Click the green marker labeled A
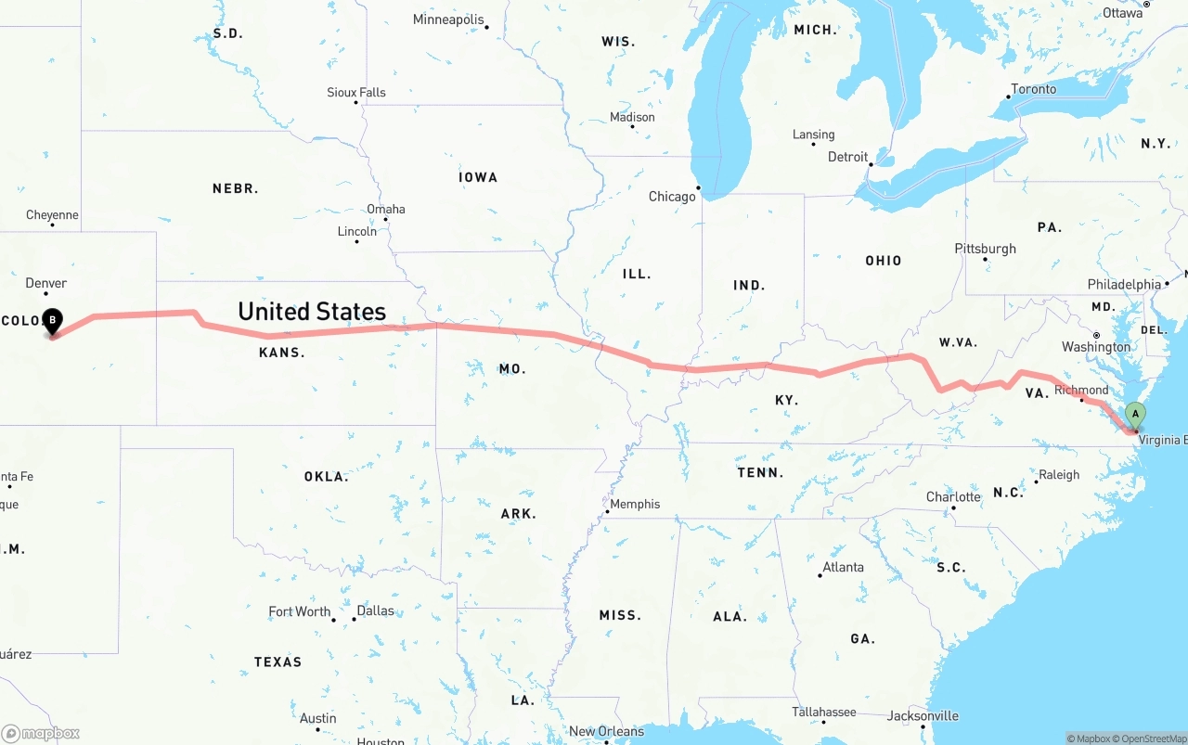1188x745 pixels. (x=1134, y=415)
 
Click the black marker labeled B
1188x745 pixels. (x=53, y=321)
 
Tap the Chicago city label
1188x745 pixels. (x=672, y=197)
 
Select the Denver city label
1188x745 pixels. (x=46, y=283)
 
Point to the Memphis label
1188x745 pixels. (x=636, y=504)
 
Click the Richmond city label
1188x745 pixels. (x=1081, y=390)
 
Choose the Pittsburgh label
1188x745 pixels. (x=986, y=249)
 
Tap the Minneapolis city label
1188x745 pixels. (x=448, y=19)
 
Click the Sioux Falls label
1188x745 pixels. (x=356, y=93)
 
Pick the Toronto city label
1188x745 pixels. (x=1034, y=89)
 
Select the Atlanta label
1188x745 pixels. (x=844, y=567)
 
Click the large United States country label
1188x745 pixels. (x=312, y=312)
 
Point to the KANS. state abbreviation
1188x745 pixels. (x=282, y=353)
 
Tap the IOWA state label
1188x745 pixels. (x=478, y=177)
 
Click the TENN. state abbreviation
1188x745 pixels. (x=760, y=473)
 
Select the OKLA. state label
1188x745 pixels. (x=327, y=477)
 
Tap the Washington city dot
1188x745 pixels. (x=1096, y=335)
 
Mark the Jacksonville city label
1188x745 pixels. (x=923, y=715)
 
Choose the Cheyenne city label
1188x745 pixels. (x=52, y=215)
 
